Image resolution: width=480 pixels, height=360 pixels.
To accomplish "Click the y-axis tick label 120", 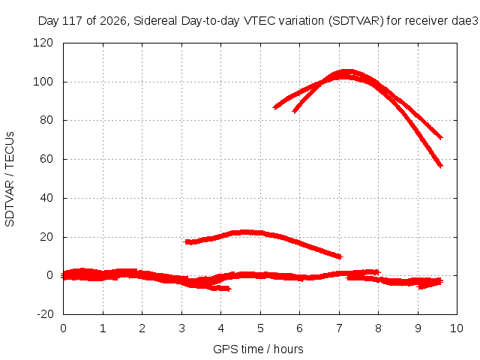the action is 43,43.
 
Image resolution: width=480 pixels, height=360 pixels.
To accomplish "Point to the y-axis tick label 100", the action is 43,82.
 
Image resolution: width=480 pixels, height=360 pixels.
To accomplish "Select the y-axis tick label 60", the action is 46,159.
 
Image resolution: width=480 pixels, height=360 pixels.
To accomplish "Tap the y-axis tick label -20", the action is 45,314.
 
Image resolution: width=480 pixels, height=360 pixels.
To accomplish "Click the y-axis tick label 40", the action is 46,198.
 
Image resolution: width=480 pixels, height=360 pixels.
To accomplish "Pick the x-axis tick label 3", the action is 181,328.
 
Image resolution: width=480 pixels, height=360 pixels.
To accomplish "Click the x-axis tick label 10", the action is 457,328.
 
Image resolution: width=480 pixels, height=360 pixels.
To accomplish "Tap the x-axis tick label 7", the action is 339,328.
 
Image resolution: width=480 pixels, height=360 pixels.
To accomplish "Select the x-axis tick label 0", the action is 63,328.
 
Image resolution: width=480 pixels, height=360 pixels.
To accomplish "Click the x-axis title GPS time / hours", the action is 258,349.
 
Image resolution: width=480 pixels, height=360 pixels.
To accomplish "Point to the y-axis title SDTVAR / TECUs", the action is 10,179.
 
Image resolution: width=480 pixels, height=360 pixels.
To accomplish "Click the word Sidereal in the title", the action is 155,21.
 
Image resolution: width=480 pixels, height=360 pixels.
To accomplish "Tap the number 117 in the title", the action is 72,21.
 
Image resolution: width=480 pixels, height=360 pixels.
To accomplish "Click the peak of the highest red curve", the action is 346,72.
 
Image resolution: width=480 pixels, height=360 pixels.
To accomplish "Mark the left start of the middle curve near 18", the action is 184,241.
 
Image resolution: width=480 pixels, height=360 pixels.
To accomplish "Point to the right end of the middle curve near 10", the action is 342,256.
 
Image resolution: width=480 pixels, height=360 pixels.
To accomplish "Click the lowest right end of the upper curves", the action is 441,166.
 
